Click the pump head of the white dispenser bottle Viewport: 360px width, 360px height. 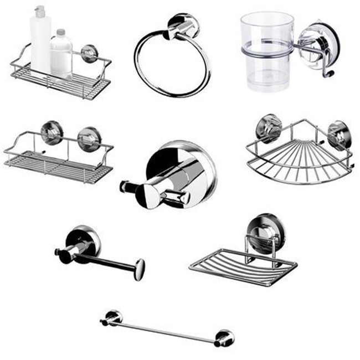[39, 12]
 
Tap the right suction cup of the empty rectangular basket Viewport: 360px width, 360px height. [89, 138]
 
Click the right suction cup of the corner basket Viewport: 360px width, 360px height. [338, 135]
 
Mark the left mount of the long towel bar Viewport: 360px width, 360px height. [112, 317]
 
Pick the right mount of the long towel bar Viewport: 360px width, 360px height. [224, 337]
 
